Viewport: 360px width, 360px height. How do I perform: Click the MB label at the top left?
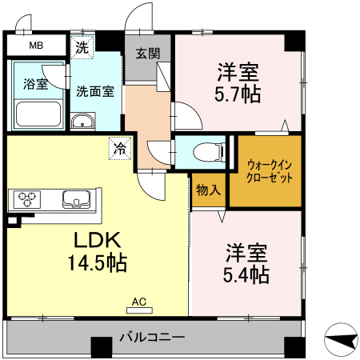[36, 46]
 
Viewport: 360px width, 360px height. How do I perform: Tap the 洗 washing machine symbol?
[82, 46]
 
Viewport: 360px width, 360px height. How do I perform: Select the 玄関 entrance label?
[146, 54]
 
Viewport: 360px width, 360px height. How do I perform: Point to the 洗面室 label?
[94, 90]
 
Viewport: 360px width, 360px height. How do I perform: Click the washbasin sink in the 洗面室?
[82, 122]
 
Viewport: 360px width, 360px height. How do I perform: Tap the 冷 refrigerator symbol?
[119, 147]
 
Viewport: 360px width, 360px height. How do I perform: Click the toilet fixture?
[206, 150]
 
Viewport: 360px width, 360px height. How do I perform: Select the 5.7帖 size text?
[238, 94]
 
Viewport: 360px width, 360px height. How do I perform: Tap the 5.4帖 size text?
[245, 274]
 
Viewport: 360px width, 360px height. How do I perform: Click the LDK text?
[98, 239]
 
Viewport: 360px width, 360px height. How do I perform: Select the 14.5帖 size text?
[98, 262]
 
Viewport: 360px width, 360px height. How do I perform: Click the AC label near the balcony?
[138, 302]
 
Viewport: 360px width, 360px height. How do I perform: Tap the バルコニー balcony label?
[153, 336]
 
